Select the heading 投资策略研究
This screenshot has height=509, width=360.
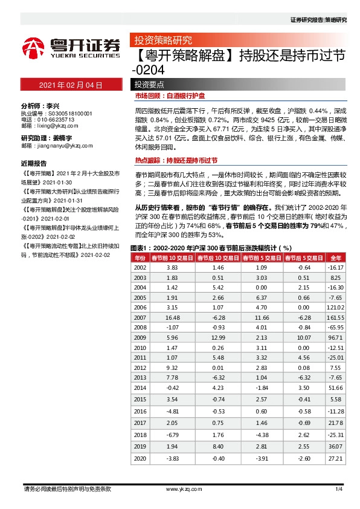[x=162, y=41]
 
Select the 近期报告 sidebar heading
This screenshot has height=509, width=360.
[x=34, y=163]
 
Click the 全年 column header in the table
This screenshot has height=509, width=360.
[x=336, y=258]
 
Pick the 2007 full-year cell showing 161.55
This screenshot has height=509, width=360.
[x=335, y=317]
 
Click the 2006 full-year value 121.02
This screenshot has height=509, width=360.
[x=335, y=307]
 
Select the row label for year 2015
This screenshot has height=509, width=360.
[x=140, y=400]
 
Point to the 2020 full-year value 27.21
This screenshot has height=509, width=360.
[x=336, y=459]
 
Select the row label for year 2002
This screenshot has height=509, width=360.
[x=140, y=268]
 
